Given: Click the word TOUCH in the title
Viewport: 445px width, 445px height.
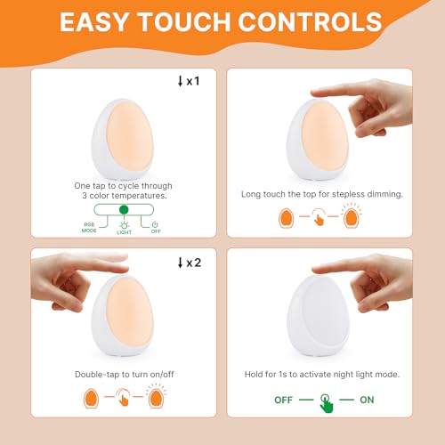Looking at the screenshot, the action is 185,22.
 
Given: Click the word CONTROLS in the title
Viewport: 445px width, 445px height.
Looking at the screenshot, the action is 310,22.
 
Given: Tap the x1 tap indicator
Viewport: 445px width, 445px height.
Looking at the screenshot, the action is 189,81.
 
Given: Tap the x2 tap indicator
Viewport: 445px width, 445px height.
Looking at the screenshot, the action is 190,263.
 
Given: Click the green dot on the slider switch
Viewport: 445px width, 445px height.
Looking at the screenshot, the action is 124,210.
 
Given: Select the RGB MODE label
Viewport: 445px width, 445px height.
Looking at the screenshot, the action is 89,228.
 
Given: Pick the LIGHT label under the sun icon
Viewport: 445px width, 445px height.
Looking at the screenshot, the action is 124,232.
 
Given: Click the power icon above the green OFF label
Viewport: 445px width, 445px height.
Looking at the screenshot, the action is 155,224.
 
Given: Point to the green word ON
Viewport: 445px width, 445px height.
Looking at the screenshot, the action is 367,400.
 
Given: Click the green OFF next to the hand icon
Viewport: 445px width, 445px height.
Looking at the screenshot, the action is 283,400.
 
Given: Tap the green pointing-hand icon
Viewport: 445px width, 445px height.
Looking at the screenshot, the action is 327,403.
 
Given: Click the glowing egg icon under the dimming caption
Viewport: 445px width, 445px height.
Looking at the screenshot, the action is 352,216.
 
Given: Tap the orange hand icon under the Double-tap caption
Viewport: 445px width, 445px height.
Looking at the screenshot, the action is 122,397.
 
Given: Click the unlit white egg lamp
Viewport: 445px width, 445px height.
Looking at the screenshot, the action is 319,315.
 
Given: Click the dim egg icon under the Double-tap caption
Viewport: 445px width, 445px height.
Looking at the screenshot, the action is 91,398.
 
